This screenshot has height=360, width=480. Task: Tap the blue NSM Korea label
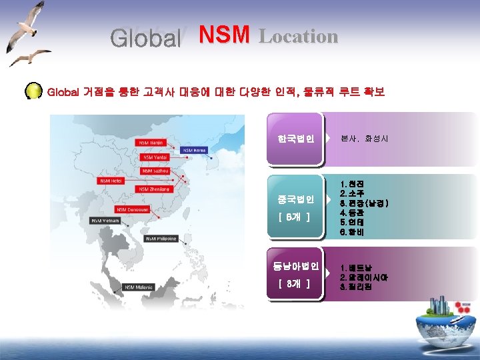tap(195, 150)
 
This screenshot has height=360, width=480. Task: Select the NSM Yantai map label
tap(155, 157)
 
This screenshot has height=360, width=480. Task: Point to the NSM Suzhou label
tap(155, 171)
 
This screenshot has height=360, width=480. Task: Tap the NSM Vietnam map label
tap(106, 219)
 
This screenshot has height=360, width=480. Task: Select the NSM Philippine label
tap(161, 238)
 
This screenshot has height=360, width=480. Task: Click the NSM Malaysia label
tap(139, 287)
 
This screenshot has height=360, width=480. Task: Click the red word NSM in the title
tap(224, 35)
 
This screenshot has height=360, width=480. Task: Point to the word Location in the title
tap(299, 36)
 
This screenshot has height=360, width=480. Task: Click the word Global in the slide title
tap(146, 38)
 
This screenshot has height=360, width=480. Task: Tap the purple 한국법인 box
tap(295, 139)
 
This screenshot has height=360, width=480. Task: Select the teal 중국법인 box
tap(295, 207)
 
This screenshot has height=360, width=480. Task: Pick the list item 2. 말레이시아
tap(364, 277)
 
